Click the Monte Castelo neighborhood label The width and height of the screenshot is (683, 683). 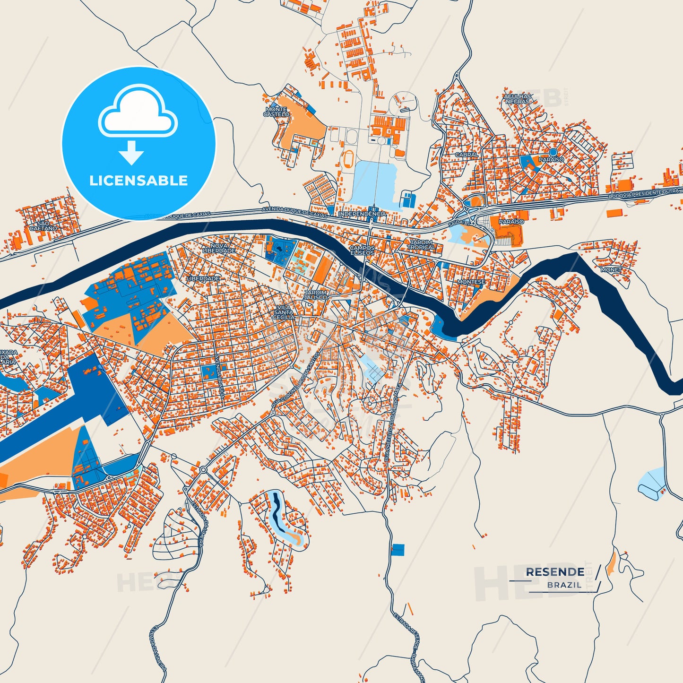pos(276,112)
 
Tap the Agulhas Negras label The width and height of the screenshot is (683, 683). pos(518,99)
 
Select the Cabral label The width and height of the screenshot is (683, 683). pos(467,155)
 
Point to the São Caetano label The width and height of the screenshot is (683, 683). pos(43,226)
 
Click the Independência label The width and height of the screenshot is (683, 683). pos(363,214)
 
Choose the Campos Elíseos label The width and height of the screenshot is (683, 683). pos(363,250)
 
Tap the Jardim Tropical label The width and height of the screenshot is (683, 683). pos(421,245)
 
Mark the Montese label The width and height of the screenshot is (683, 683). pos(471,282)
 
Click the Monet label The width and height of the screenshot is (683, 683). pos(611,270)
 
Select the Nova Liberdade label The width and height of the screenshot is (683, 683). pos(219,248)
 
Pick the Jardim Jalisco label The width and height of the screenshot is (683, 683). pos(315,295)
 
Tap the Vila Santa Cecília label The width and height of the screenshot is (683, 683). pos(284,312)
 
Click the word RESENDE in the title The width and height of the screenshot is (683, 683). pos(554,572)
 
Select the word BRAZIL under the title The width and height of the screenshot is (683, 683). pos(564,585)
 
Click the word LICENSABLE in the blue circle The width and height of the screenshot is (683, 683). pos(138,181)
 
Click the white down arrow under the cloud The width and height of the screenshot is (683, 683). pos(131,153)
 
